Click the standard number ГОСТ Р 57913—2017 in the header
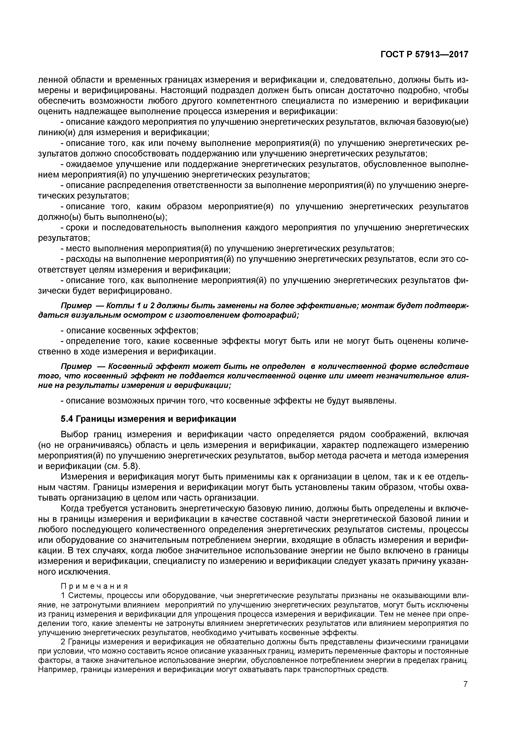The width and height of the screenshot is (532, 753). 424,55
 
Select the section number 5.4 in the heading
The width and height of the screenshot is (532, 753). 68,419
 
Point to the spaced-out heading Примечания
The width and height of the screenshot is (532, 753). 94,586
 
